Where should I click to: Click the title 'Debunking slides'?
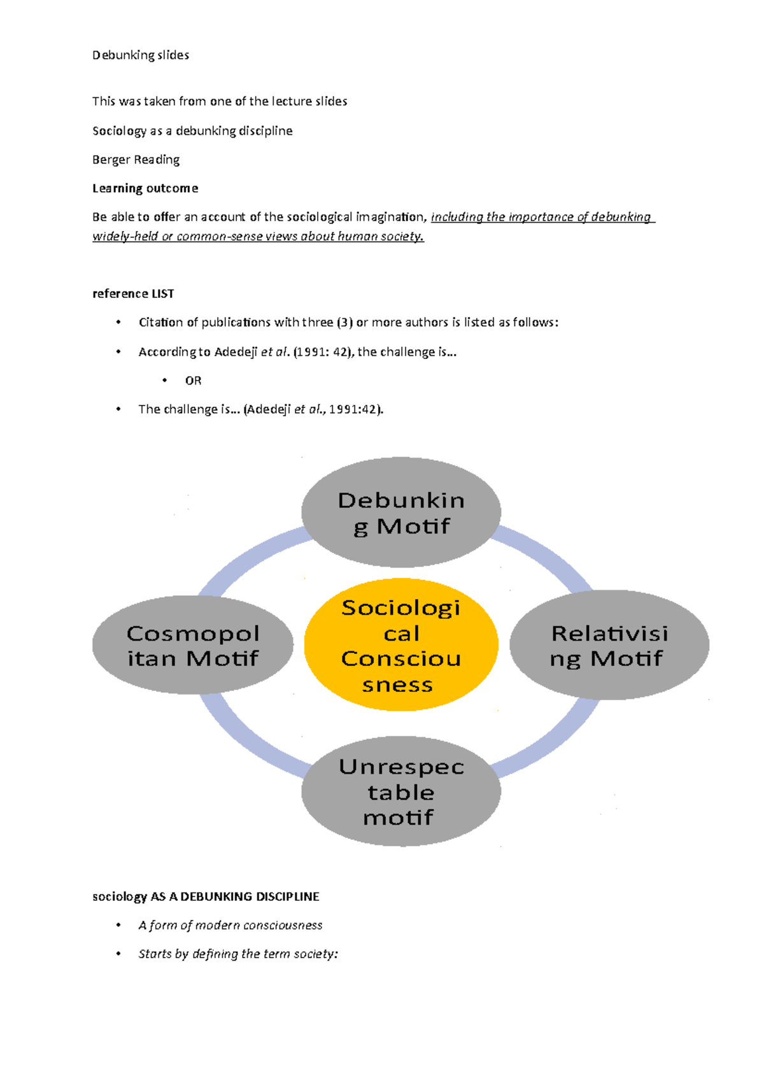pyautogui.click(x=141, y=55)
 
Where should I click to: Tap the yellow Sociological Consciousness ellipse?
pyautogui.click(x=400, y=645)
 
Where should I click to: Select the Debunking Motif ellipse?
pyautogui.click(x=400, y=512)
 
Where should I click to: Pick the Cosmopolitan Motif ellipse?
pyautogui.click(x=192, y=645)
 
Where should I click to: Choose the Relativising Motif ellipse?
pyautogui.click(x=609, y=645)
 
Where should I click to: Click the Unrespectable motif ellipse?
pyautogui.click(x=400, y=791)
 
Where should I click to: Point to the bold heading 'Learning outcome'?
pyautogui.click(x=145, y=188)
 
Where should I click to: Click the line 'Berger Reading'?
pyautogui.click(x=136, y=160)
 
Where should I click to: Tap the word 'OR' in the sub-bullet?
pyautogui.click(x=193, y=381)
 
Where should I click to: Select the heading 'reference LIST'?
pyautogui.click(x=133, y=293)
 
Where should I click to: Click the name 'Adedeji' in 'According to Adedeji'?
pyautogui.click(x=236, y=352)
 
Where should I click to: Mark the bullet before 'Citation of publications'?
pyautogui.click(x=118, y=323)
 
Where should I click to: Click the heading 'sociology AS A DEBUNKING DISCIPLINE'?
pyautogui.click(x=206, y=896)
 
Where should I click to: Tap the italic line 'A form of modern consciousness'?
pyautogui.click(x=230, y=925)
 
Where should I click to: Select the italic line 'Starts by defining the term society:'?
pyautogui.click(x=238, y=954)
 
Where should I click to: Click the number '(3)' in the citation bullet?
pyautogui.click(x=344, y=323)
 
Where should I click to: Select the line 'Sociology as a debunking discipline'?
pyautogui.click(x=192, y=131)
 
